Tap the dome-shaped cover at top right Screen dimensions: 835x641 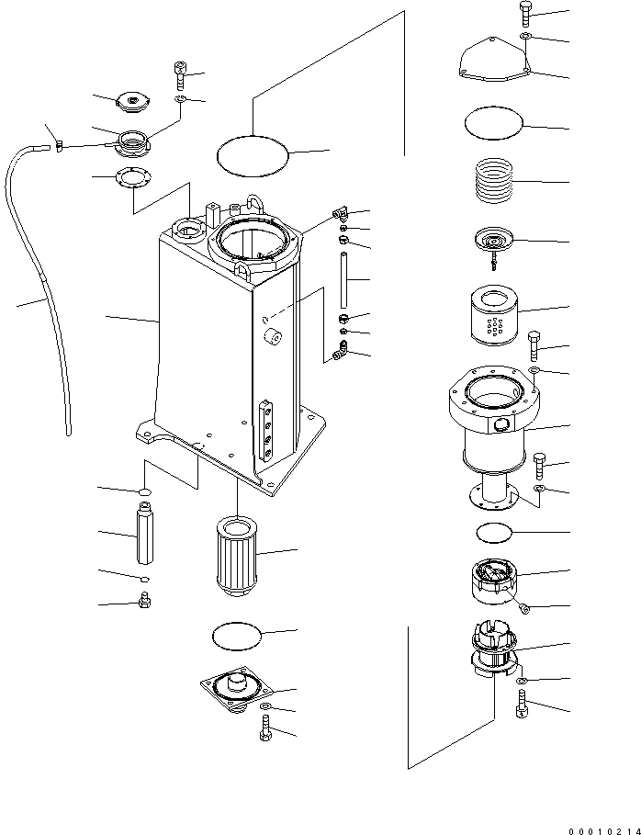tap(494, 61)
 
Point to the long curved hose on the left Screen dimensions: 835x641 tap(41, 294)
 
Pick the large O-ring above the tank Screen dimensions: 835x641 tap(252, 152)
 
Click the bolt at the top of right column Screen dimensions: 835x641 tap(523, 15)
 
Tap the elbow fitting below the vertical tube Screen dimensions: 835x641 tap(340, 350)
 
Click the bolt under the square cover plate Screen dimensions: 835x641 tap(265, 732)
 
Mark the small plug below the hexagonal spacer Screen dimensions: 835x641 tap(142, 604)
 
